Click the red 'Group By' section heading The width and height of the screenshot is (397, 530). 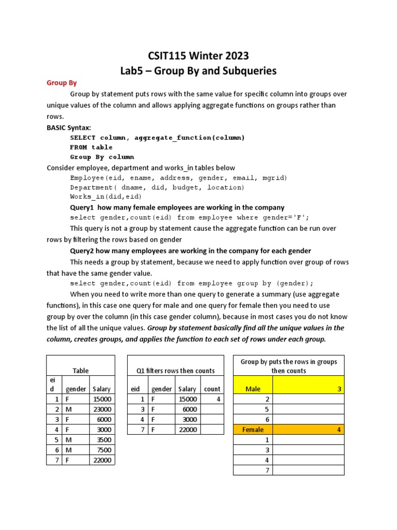[x=62, y=83]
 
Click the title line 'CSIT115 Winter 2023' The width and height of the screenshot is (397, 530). [x=198, y=56]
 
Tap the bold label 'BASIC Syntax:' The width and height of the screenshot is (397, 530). [x=68, y=127]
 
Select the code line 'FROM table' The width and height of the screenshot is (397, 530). [x=91, y=147]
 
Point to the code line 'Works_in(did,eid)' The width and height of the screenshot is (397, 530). [x=105, y=197]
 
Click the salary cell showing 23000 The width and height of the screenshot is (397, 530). [x=102, y=409]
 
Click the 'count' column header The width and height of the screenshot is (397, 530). [x=212, y=389]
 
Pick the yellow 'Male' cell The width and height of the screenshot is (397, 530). [x=253, y=389]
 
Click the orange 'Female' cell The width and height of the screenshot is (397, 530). [x=253, y=430]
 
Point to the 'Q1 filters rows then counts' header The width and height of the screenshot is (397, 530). [x=175, y=371]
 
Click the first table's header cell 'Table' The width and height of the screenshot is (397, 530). [x=80, y=371]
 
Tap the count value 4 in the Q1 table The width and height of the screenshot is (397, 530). [x=218, y=399]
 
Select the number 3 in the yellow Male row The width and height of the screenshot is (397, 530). [x=339, y=389]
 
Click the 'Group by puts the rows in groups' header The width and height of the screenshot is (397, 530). [x=288, y=361]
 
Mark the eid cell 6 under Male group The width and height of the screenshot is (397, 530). [x=267, y=419]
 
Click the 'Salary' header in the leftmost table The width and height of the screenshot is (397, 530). [x=102, y=389]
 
